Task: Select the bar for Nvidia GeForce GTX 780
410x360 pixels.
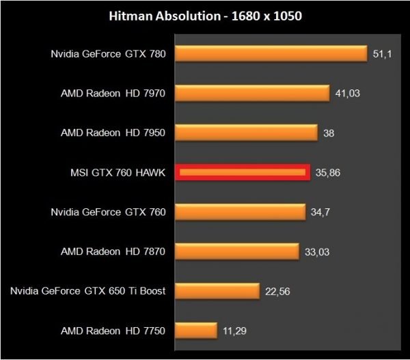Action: pos(272,53)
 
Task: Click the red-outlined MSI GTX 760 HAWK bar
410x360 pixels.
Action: pos(243,172)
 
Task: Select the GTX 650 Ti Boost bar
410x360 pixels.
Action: pos(218,292)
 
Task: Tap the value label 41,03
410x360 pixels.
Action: pos(348,94)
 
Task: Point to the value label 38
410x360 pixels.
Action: pos(329,133)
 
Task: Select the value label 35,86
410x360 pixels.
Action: pos(329,173)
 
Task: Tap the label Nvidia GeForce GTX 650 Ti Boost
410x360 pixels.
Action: pos(88,292)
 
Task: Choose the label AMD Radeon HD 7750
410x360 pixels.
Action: pos(113,332)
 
